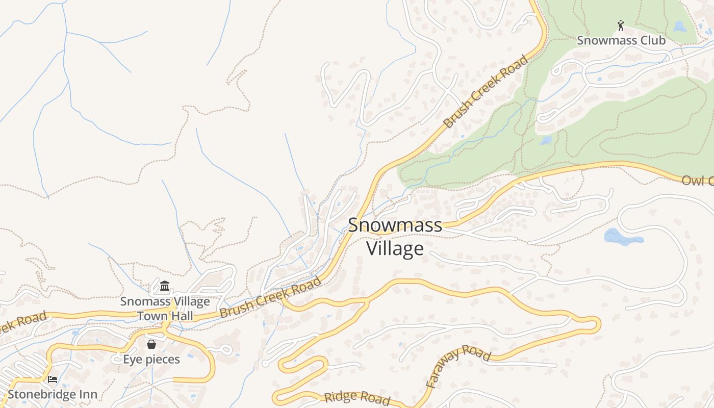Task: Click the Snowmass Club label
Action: (621, 40)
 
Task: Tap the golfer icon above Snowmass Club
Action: (621, 25)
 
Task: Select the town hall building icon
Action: (165, 286)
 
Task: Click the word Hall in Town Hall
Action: (181, 316)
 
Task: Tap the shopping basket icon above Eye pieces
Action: (151, 344)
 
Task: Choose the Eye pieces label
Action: (151, 360)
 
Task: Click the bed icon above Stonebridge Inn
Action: (52, 379)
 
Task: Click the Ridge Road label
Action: (357, 397)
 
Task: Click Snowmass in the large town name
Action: (395, 225)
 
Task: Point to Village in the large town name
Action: (395, 248)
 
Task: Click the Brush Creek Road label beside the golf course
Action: (486, 92)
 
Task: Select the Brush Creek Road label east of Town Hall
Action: (271, 297)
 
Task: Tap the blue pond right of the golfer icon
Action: (680, 26)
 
